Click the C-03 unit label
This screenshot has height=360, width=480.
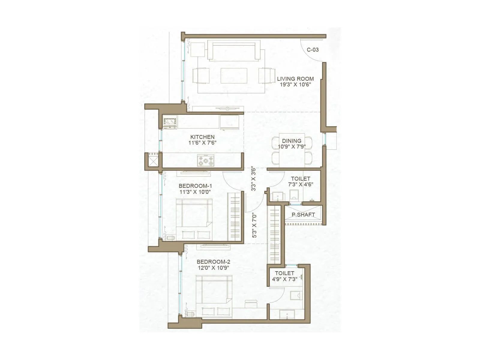pyautogui.click(x=312, y=50)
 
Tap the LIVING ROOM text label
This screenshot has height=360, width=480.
pyautogui.click(x=295, y=79)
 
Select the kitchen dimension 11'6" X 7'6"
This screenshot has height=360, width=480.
pyautogui.click(x=202, y=143)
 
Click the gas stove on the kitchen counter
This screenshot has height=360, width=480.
pyautogui.click(x=205, y=160)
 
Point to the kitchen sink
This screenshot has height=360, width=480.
pyautogui.click(x=170, y=122)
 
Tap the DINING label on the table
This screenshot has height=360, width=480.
pyautogui.click(x=292, y=141)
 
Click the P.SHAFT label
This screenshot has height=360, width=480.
pyautogui.click(x=303, y=215)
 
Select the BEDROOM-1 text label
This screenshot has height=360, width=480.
pyautogui.click(x=195, y=186)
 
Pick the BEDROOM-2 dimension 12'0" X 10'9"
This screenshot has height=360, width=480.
pyautogui.click(x=213, y=268)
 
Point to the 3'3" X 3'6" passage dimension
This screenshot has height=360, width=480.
pyautogui.click(x=254, y=179)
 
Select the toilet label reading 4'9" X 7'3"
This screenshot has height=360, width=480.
pyautogui.click(x=284, y=279)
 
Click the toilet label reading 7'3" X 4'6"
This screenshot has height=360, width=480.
pyautogui.click(x=300, y=184)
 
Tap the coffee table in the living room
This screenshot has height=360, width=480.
pyautogui.click(x=234, y=76)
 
